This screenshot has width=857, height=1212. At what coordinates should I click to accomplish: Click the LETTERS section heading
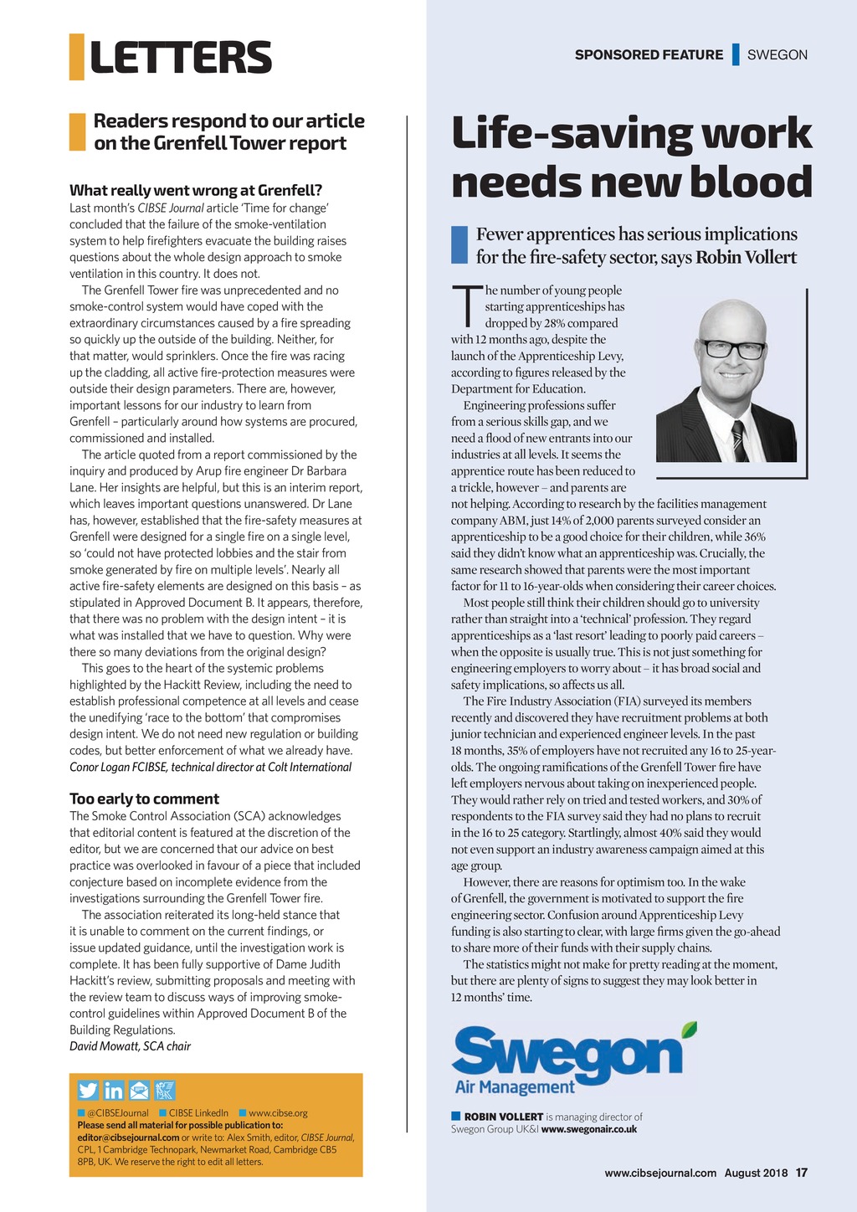point(180,57)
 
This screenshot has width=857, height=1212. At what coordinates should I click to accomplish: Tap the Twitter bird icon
point(88,1090)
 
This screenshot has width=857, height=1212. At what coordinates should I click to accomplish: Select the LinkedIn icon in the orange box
point(114,1090)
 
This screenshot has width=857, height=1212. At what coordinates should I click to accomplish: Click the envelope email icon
point(139,1090)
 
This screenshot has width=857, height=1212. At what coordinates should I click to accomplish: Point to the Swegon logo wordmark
point(567,1052)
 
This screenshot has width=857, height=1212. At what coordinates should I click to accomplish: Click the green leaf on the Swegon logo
point(689,1029)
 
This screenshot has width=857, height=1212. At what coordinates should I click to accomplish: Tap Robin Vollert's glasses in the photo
point(732,349)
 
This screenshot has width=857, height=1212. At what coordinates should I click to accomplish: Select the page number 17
point(802,1173)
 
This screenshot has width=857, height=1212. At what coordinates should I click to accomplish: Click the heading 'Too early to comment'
point(144,799)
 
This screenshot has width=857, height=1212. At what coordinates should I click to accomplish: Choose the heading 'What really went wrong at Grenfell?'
point(196,190)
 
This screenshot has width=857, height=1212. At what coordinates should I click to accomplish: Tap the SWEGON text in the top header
point(777,55)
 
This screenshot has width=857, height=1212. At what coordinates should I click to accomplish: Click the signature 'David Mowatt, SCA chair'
point(130,1046)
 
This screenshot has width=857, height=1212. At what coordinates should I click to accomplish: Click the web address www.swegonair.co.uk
point(589,1129)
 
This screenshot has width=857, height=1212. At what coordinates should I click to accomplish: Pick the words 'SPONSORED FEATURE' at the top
point(649,55)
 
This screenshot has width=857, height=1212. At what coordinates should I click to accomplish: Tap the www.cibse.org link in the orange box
point(278,1113)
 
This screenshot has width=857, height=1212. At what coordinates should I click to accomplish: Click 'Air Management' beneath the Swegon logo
point(515,1087)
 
